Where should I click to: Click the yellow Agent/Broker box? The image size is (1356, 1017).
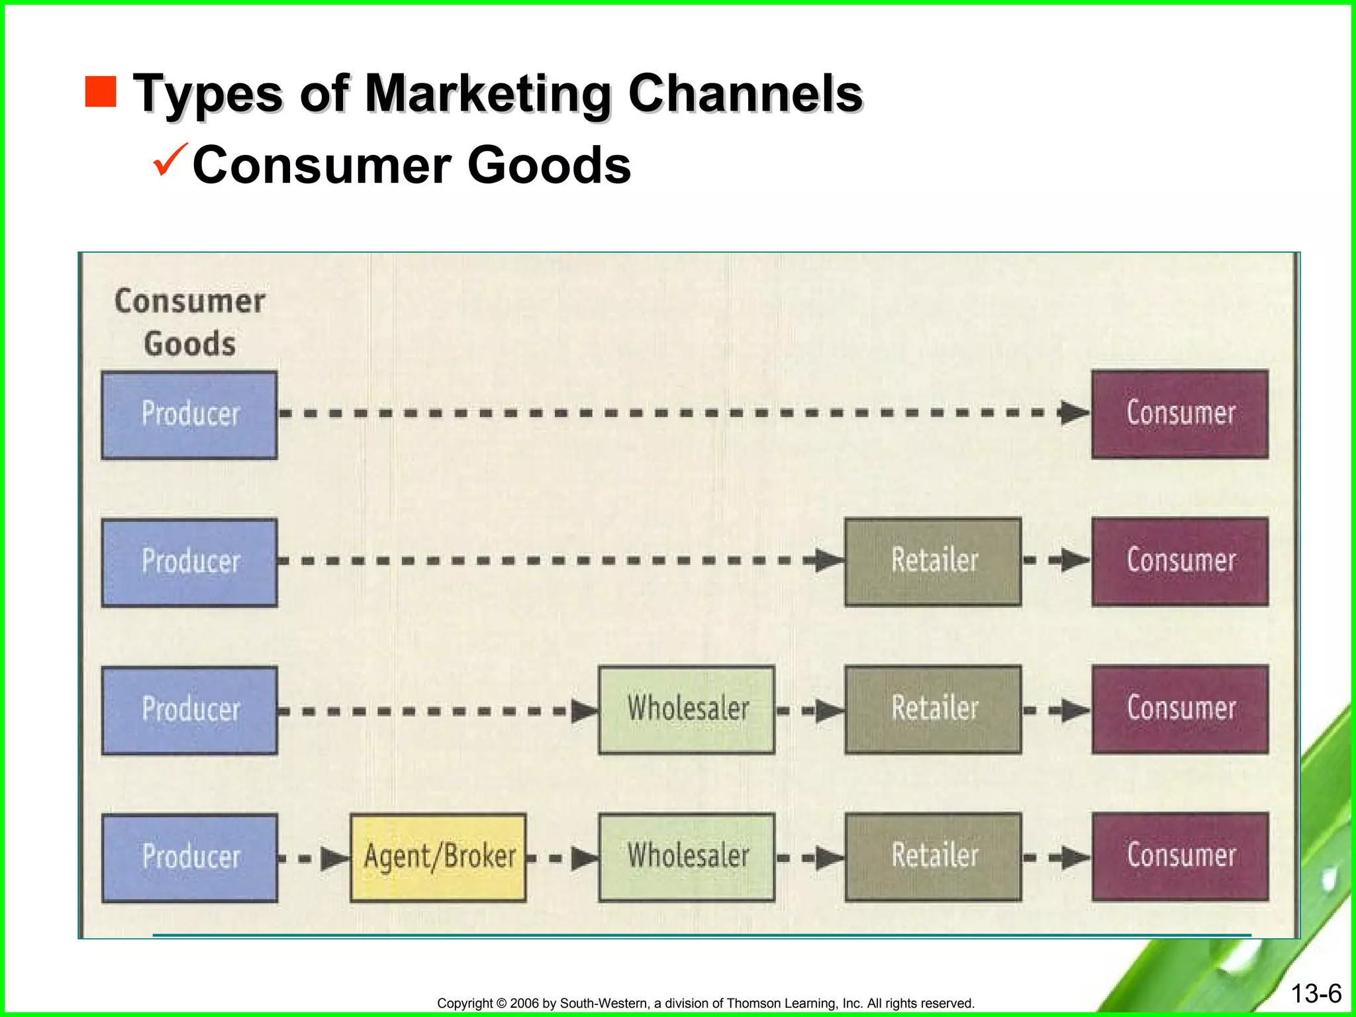438,857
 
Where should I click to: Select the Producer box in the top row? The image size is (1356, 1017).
189,414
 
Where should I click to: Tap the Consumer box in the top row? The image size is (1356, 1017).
1180,414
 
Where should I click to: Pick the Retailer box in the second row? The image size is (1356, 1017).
933,561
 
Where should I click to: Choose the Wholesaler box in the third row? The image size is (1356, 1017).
687,709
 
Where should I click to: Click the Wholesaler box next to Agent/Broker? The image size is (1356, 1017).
687,857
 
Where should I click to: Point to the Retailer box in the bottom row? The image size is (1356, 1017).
933,857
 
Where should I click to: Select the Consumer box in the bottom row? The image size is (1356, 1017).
1180,856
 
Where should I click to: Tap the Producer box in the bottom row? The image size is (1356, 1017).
189,857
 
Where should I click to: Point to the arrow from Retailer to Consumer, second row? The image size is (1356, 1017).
1057,561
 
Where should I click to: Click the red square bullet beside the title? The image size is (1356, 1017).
101,91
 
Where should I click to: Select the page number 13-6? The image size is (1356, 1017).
1316,993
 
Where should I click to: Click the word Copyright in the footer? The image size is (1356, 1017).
465,1003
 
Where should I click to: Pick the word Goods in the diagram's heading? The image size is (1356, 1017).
189,344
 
